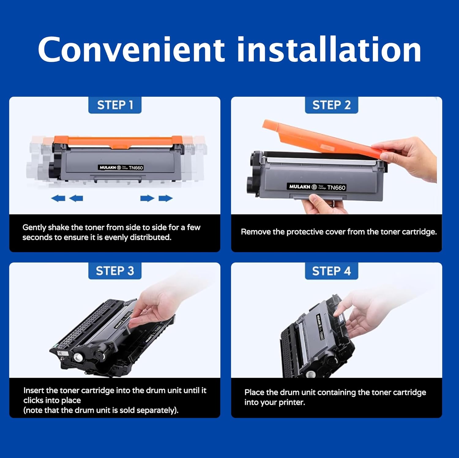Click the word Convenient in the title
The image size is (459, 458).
(131, 50)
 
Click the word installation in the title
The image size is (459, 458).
(329, 50)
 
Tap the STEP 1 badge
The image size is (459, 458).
(115, 105)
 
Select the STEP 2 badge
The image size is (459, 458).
(331, 105)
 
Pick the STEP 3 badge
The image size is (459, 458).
(115, 271)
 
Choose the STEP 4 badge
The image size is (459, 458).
(331, 271)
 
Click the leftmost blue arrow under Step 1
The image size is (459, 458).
(58, 199)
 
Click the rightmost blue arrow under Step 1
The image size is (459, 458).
(166, 199)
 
